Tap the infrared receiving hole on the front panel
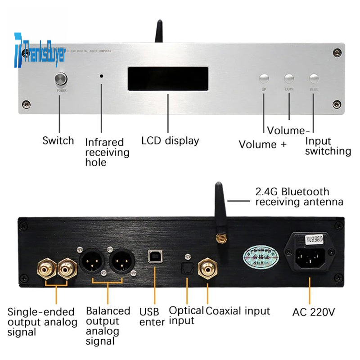tap(102, 76)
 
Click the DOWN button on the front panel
tap(289, 78)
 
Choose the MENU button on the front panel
tap(314, 78)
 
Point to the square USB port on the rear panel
tap(154, 256)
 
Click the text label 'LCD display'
tap(170, 140)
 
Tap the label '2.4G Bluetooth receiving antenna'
tap(299, 197)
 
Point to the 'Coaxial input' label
tap(238, 310)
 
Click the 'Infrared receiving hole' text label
tap(107, 152)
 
